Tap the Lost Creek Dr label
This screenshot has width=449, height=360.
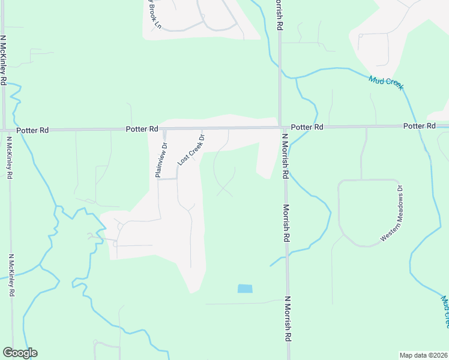(191, 150)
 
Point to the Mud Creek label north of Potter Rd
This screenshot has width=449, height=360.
(386, 83)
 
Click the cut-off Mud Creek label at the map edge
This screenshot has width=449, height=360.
(445, 311)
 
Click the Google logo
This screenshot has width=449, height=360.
(20, 353)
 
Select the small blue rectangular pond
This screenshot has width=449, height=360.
(245, 289)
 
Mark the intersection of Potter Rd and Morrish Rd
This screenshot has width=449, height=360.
(281, 127)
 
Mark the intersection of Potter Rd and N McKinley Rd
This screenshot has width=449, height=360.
(5, 130)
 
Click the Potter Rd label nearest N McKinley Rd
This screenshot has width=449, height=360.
(32, 130)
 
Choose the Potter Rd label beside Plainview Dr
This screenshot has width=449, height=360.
(142, 129)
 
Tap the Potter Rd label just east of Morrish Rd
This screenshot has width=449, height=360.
(307, 127)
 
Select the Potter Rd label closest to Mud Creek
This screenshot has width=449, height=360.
(419, 126)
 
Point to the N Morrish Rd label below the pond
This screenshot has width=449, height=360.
(288, 319)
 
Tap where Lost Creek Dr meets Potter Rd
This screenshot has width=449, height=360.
(201, 128)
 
